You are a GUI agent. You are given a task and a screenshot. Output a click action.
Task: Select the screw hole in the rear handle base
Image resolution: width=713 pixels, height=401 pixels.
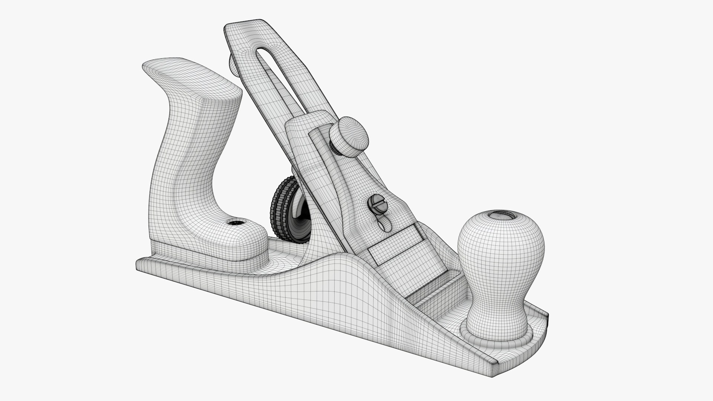point(234,223)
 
